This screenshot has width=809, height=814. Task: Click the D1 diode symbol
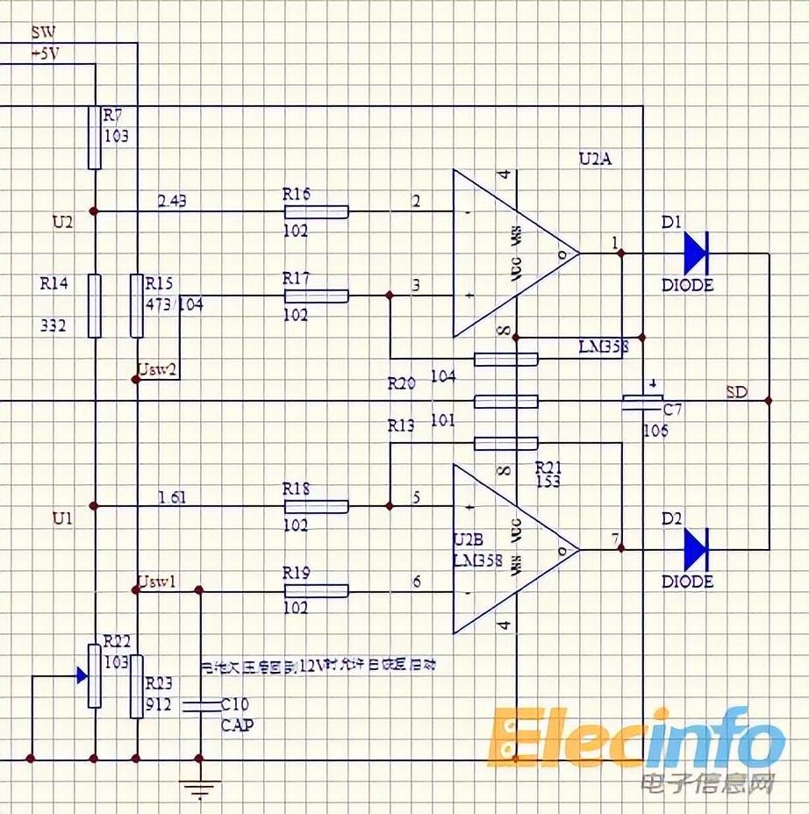(x=695, y=253)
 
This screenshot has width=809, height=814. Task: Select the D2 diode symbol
(x=695, y=549)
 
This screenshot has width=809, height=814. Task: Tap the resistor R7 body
(x=95, y=137)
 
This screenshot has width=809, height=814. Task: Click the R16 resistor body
(x=316, y=211)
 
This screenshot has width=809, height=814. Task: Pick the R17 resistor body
(x=316, y=296)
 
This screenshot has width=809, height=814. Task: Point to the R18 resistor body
(x=316, y=506)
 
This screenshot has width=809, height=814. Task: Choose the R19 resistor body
(x=316, y=590)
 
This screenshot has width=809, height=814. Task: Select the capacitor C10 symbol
(x=201, y=704)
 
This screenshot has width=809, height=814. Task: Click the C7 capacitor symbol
(x=643, y=402)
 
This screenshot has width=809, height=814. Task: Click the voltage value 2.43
(x=171, y=201)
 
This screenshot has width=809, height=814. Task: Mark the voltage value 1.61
(x=171, y=496)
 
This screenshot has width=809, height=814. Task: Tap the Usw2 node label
(x=159, y=369)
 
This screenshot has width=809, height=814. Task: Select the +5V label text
(x=46, y=53)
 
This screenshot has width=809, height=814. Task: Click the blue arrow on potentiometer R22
(x=81, y=675)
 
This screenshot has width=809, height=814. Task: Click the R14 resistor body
(x=95, y=305)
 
